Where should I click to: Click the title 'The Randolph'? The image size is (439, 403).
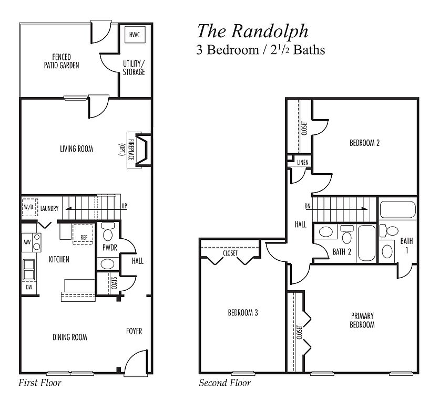pyautogui.click(x=252, y=31)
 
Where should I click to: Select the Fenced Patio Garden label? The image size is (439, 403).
pyautogui.click(x=62, y=61)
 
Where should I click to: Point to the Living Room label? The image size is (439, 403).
pyautogui.click(x=76, y=149)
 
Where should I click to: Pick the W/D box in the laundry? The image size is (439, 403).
pyautogui.click(x=29, y=207)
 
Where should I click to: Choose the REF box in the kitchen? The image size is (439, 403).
pyautogui.click(x=83, y=237)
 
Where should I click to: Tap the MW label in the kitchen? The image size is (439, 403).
pyautogui.click(x=26, y=242)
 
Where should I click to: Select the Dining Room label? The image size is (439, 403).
pyautogui.click(x=70, y=337)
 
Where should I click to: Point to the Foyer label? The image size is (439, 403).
pyautogui.click(x=134, y=331)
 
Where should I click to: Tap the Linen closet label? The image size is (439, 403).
pyautogui.click(x=302, y=163)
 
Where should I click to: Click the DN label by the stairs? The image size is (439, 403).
pyautogui.click(x=308, y=206)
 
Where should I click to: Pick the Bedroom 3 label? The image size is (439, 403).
pyautogui.click(x=242, y=313)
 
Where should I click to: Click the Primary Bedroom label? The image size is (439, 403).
pyautogui.click(x=363, y=320)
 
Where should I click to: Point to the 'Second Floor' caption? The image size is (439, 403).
pyautogui.click(x=224, y=383)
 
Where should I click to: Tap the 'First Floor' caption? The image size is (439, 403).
pyautogui.click(x=40, y=383)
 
